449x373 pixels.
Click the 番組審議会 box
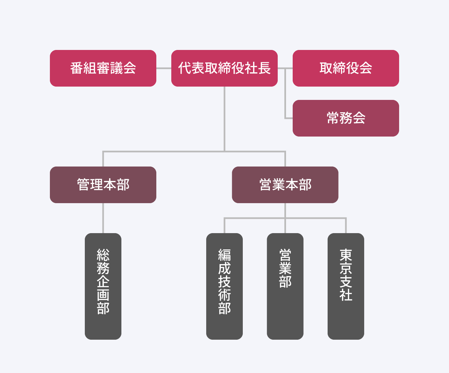click(103, 68)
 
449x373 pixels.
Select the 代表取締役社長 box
click(224, 68)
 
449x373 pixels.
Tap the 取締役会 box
click(346, 68)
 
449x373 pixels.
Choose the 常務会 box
click(346, 118)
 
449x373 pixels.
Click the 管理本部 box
click(103, 185)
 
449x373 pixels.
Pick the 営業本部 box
click(285, 185)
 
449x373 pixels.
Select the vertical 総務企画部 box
click(103, 286)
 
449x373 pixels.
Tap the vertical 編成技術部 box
click(224, 286)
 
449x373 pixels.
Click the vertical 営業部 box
click(285, 286)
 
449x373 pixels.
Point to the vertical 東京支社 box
click(346, 286)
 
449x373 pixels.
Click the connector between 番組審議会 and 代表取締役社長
click(164, 68)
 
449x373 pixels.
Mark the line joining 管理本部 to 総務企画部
click(103, 218)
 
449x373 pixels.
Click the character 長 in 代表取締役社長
click(264, 68)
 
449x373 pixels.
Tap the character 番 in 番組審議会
click(76, 68)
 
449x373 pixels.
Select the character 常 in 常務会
click(333, 118)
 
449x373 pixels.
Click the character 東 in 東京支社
click(346, 255)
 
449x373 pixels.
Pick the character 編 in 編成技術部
click(224, 255)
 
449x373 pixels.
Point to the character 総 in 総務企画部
click(103, 255)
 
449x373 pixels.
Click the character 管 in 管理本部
click(83, 185)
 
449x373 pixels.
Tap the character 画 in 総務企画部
click(103, 295)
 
